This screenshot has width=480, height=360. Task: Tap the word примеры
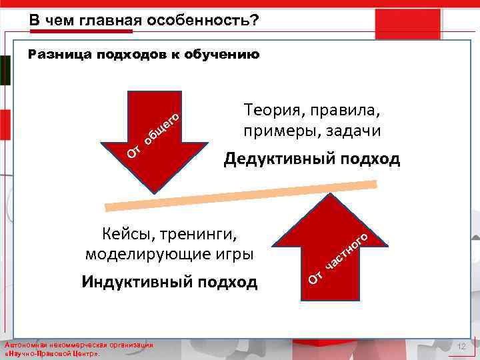(x=274, y=131)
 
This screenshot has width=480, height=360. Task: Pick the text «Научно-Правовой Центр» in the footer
(x=53, y=354)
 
